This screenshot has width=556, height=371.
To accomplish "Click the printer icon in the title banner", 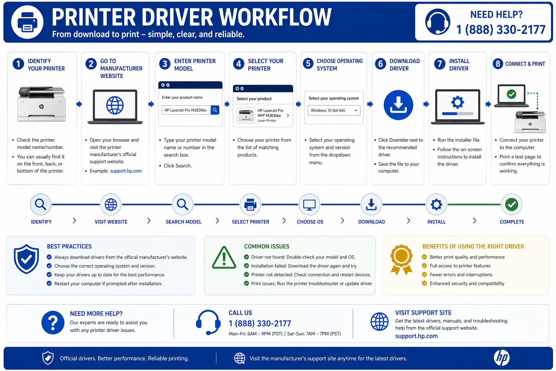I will pos(27,22).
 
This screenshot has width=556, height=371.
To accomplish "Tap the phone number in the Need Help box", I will pos(501,30).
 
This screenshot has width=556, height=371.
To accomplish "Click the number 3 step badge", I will pos(165,64).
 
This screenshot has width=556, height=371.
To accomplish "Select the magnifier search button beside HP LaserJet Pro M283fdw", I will pos(215,110).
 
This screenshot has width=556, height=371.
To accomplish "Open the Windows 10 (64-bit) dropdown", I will pos(334,111).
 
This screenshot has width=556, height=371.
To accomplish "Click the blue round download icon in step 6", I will pos(398,105).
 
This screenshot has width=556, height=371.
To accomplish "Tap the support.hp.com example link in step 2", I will pos(126,171).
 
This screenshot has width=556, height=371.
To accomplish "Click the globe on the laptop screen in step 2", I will pos(115,105).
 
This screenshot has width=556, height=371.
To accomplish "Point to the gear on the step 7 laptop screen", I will pos(458,102).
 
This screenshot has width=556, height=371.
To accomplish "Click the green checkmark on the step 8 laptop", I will pos(511,95).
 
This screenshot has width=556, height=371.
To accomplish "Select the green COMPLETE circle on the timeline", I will pos(511,205).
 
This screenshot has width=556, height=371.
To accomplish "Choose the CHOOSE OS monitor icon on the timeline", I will pos(309,205).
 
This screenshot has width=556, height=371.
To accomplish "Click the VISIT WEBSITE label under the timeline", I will pos(111,222).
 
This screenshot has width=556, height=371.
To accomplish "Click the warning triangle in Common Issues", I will pos(224,258).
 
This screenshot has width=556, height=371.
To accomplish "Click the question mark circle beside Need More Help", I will pos(53,322).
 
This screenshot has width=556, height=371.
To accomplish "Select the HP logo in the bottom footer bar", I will pos(501,358).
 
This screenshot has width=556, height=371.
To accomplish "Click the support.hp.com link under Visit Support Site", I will pos(416,336).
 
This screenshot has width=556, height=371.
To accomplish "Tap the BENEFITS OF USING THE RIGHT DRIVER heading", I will pos(473,246).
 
